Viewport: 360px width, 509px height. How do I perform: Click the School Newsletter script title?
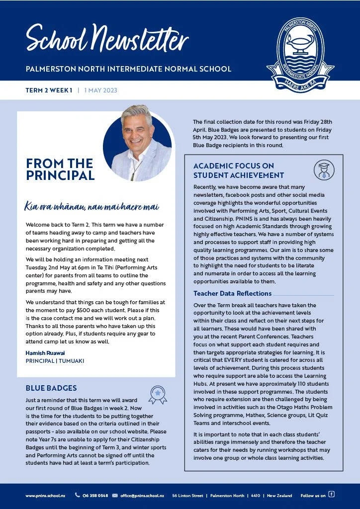(x=107, y=38)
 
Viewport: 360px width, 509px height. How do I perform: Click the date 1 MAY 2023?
(x=101, y=90)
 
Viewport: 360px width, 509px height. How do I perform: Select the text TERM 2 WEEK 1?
(x=49, y=90)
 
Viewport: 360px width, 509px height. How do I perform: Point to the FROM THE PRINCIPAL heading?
(x=60, y=170)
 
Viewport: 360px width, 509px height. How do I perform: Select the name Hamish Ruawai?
(x=45, y=353)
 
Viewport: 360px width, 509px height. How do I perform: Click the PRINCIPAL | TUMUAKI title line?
(x=55, y=360)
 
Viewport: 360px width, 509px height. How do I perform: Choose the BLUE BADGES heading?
(x=51, y=388)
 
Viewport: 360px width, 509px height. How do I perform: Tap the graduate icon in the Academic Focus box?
(x=324, y=170)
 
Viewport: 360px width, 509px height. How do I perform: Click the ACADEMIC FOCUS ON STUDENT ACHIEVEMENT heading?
(x=239, y=170)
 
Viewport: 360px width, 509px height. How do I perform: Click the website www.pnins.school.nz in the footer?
(x=45, y=496)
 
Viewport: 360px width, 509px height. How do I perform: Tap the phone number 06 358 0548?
(x=95, y=496)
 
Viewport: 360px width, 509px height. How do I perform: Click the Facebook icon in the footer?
(x=332, y=495)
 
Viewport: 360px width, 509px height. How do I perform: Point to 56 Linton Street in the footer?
(x=187, y=496)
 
